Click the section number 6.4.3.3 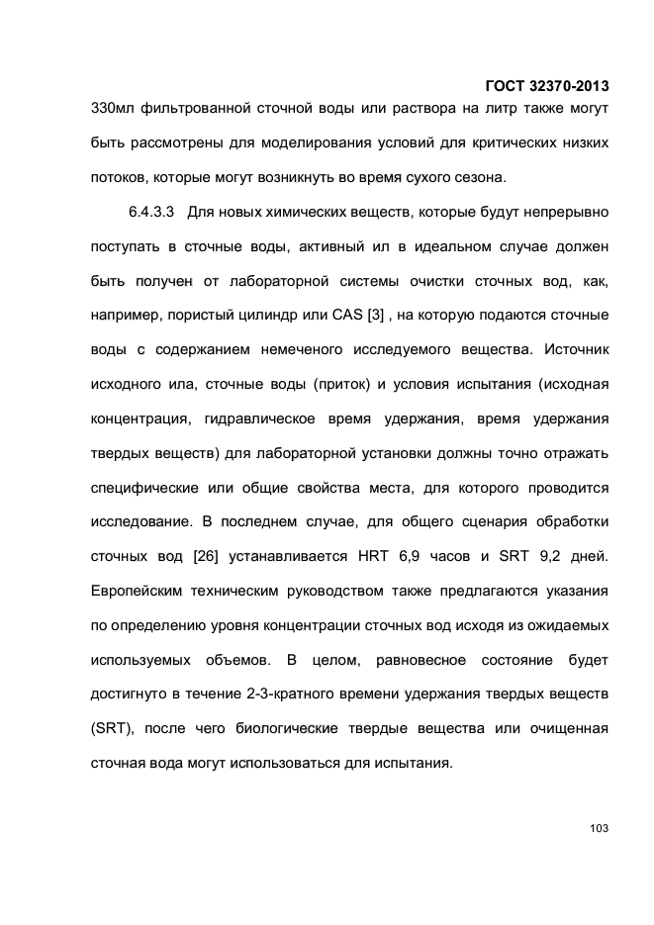(152, 213)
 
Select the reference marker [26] (203, 556)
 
